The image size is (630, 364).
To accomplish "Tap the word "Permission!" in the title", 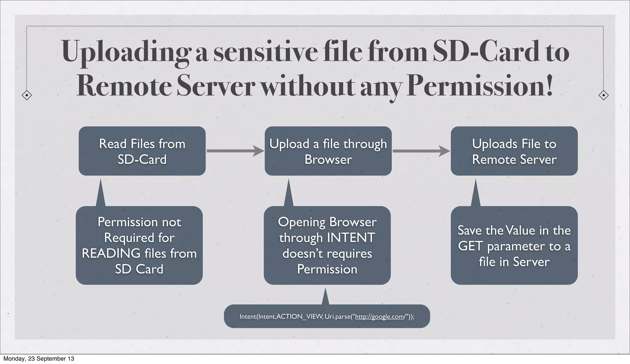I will [480, 86].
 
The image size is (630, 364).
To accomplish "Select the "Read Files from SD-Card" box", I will [142, 151].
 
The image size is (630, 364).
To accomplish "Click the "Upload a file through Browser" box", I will [328, 151].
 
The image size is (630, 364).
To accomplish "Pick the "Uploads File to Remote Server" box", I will [514, 151].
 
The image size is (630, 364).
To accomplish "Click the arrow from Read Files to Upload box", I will [235, 151].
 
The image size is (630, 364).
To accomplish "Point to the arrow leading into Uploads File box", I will [421, 151].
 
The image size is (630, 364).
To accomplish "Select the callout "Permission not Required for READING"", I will [139, 245].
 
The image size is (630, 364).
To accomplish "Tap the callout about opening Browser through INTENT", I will [327, 245].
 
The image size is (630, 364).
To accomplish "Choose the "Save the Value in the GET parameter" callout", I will [514, 245].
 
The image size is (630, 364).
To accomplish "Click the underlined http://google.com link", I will [380, 317].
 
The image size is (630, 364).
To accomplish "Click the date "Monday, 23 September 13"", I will [39, 359].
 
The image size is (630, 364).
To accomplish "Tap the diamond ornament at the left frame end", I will [27, 95].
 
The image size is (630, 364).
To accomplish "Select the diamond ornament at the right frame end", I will [604, 95].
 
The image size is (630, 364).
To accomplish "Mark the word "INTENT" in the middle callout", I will [351, 238].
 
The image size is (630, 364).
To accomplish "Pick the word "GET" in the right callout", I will [470, 246].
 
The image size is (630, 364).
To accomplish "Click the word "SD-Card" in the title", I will [486, 52].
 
